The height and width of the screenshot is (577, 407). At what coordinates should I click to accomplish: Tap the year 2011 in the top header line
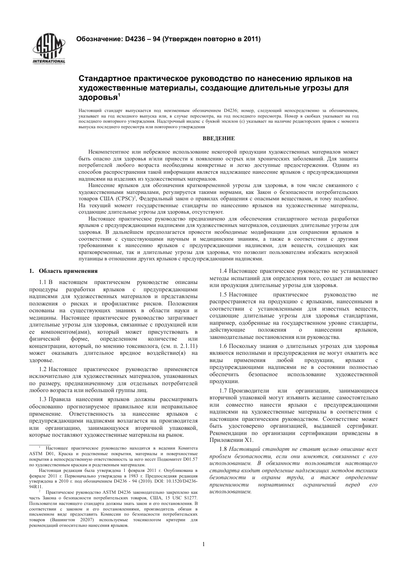(251, 39)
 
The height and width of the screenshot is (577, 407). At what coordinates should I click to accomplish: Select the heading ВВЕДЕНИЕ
(218, 138)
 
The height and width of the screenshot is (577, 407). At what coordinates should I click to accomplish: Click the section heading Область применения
(68, 271)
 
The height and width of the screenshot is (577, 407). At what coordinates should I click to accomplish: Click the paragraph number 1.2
(43, 369)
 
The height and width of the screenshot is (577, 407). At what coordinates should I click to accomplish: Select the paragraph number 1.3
(43, 399)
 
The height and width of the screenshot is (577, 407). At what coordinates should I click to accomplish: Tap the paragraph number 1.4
(223, 271)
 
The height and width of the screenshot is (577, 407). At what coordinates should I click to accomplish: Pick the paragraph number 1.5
(223, 295)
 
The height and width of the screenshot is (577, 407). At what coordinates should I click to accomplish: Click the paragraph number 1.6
(223, 346)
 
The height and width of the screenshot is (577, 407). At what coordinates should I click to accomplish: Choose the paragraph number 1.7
(223, 390)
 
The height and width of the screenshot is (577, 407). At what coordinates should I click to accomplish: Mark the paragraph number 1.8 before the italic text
(223, 449)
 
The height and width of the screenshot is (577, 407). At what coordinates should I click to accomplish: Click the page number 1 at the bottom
(203, 544)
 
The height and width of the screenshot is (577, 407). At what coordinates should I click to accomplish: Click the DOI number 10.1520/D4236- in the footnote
(179, 481)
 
